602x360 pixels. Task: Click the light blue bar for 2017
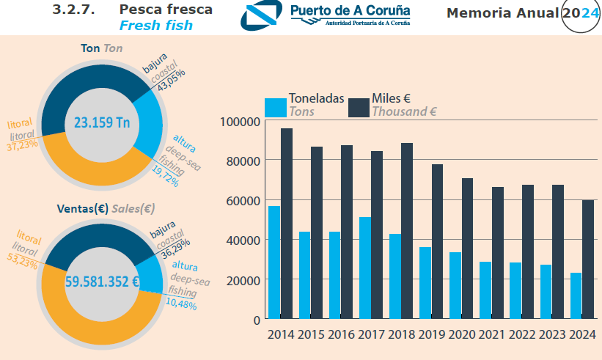click(364, 268)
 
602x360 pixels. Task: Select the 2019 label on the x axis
click(433, 335)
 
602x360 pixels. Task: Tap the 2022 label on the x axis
click(523, 335)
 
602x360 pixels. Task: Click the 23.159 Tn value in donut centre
click(101, 122)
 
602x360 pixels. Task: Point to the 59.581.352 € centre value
click(102, 281)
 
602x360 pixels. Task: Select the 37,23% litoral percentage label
click(23, 146)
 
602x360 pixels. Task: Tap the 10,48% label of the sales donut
click(181, 304)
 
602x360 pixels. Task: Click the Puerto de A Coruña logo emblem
click(263, 16)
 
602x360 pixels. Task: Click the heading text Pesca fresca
click(166, 10)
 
